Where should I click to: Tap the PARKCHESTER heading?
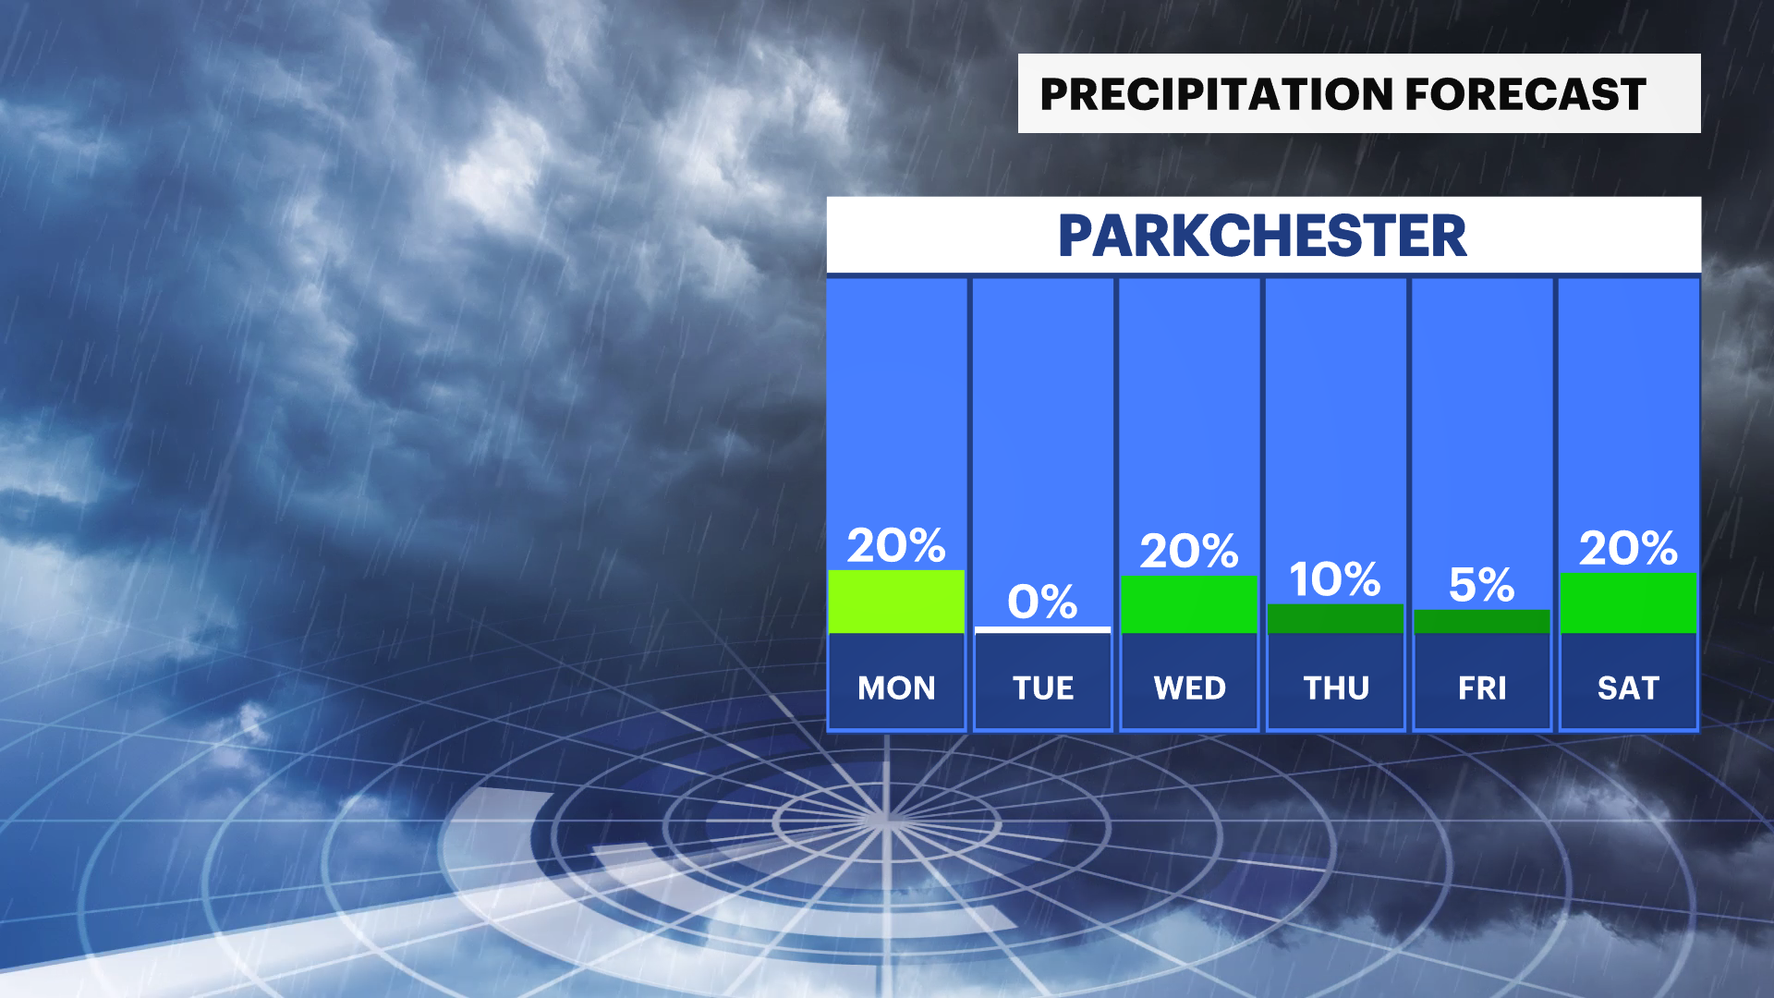[x=1262, y=236]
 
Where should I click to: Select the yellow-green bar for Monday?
[x=896, y=602]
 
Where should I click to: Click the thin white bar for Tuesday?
[x=1042, y=630]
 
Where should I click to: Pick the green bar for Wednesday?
[x=1189, y=604]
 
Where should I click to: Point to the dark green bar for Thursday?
[x=1335, y=618]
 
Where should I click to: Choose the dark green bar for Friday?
[x=1482, y=621]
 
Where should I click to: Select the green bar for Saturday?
[x=1628, y=602]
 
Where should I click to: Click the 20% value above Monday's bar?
[x=896, y=545]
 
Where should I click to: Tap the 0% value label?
[x=1042, y=602]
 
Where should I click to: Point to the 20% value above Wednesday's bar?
[x=1189, y=551]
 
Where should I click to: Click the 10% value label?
[x=1335, y=579]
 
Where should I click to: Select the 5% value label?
[x=1482, y=584]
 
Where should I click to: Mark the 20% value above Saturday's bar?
[x=1628, y=548]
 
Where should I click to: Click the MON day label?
[x=896, y=688]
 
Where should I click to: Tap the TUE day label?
[x=1043, y=688]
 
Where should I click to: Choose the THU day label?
[x=1336, y=688]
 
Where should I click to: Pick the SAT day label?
[x=1628, y=688]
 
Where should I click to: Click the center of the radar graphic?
[x=885, y=819]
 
